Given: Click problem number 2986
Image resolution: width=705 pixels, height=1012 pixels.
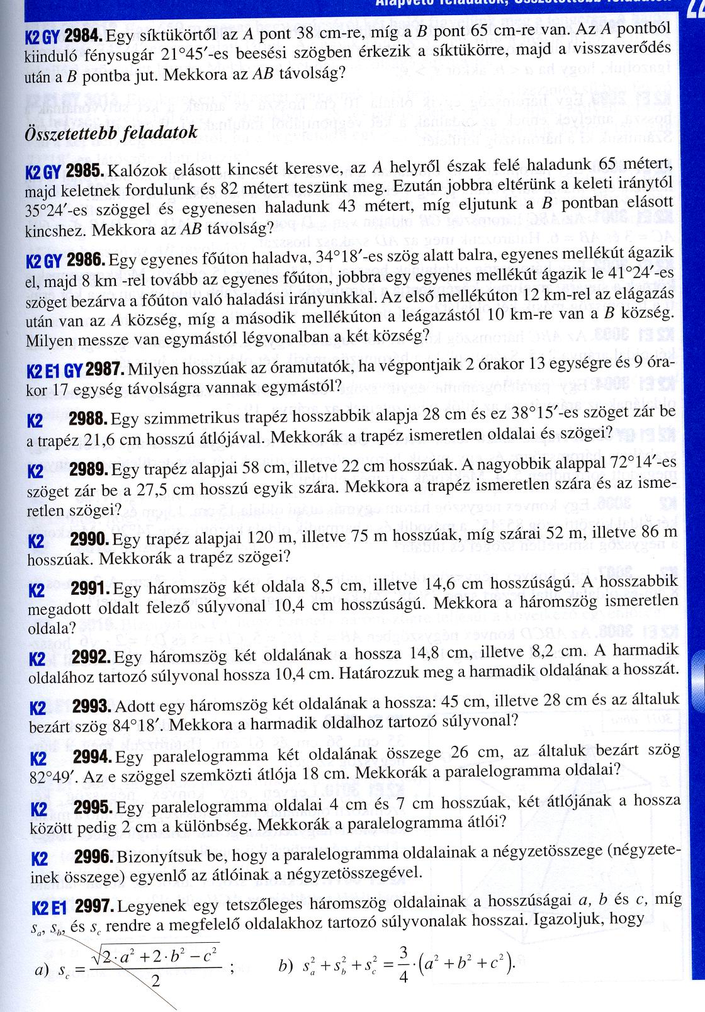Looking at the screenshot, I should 85,260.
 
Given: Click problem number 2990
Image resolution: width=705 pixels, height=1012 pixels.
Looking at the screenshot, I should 90,539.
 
